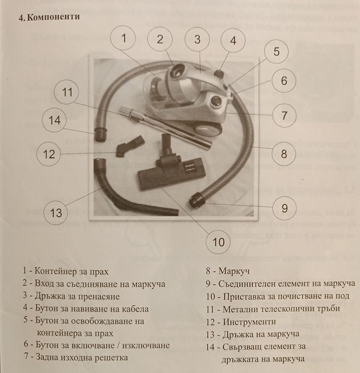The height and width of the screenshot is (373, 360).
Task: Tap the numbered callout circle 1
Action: tap(124, 38)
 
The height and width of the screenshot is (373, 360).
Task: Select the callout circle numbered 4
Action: tap(233, 41)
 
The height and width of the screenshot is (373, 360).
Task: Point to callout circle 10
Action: tap(218, 242)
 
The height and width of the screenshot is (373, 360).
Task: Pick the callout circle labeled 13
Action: tap(56, 213)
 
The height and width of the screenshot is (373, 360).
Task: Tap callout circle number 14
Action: tap(55, 120)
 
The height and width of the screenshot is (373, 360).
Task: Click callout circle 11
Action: tap(67, 92)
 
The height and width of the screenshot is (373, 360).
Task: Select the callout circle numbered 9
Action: tap(285, 207)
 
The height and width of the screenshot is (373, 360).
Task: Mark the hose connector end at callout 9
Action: tap(196, 201)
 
